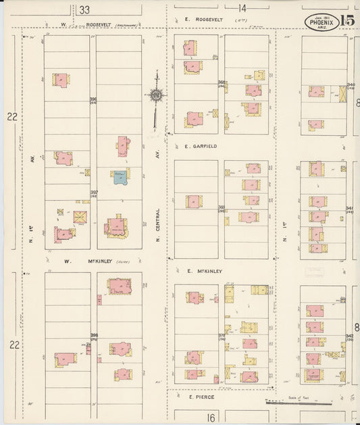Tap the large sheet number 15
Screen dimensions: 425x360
tap(348, 21)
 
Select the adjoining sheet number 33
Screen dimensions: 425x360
tap(84, 9)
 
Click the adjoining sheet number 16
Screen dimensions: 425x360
tap(211, 418)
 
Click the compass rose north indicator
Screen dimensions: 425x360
tap(155, 94)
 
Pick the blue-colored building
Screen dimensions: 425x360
tap(120, 177)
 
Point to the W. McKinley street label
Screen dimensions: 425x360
tap(86, 260)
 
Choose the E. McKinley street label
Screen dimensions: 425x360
tap(203, 270)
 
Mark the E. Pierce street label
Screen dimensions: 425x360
tap(201, 397)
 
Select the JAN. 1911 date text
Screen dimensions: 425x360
tap(321, 16)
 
